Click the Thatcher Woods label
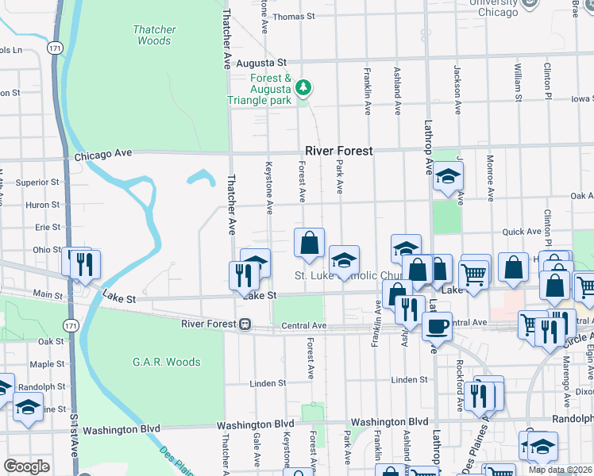[154, 35]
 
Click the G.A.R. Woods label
[167, 363]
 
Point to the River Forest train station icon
[246, 324]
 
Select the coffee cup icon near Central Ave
[436, 325]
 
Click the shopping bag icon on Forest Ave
[309, 244]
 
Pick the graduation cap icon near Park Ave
[344, 260]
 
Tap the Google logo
[26, 466]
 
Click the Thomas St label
[294, 16]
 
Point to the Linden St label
[268, 383]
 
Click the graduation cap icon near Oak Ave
[448, 177]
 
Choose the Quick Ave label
[519, 232]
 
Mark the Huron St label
[43, 205]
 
